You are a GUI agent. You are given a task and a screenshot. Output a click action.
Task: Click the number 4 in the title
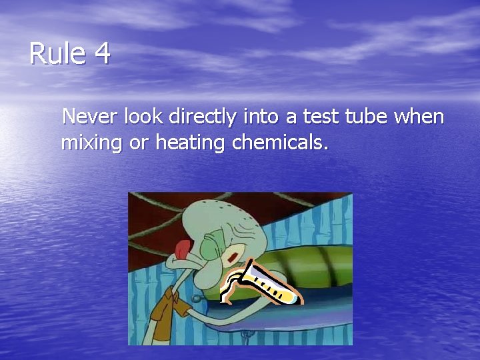[101, 53]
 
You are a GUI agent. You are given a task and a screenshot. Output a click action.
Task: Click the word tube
[367, 117]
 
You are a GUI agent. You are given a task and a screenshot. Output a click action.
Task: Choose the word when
[419, 117]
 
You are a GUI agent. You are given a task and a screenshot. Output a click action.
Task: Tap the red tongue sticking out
[181, 249]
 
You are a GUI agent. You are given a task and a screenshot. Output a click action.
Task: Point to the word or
[138, 143]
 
